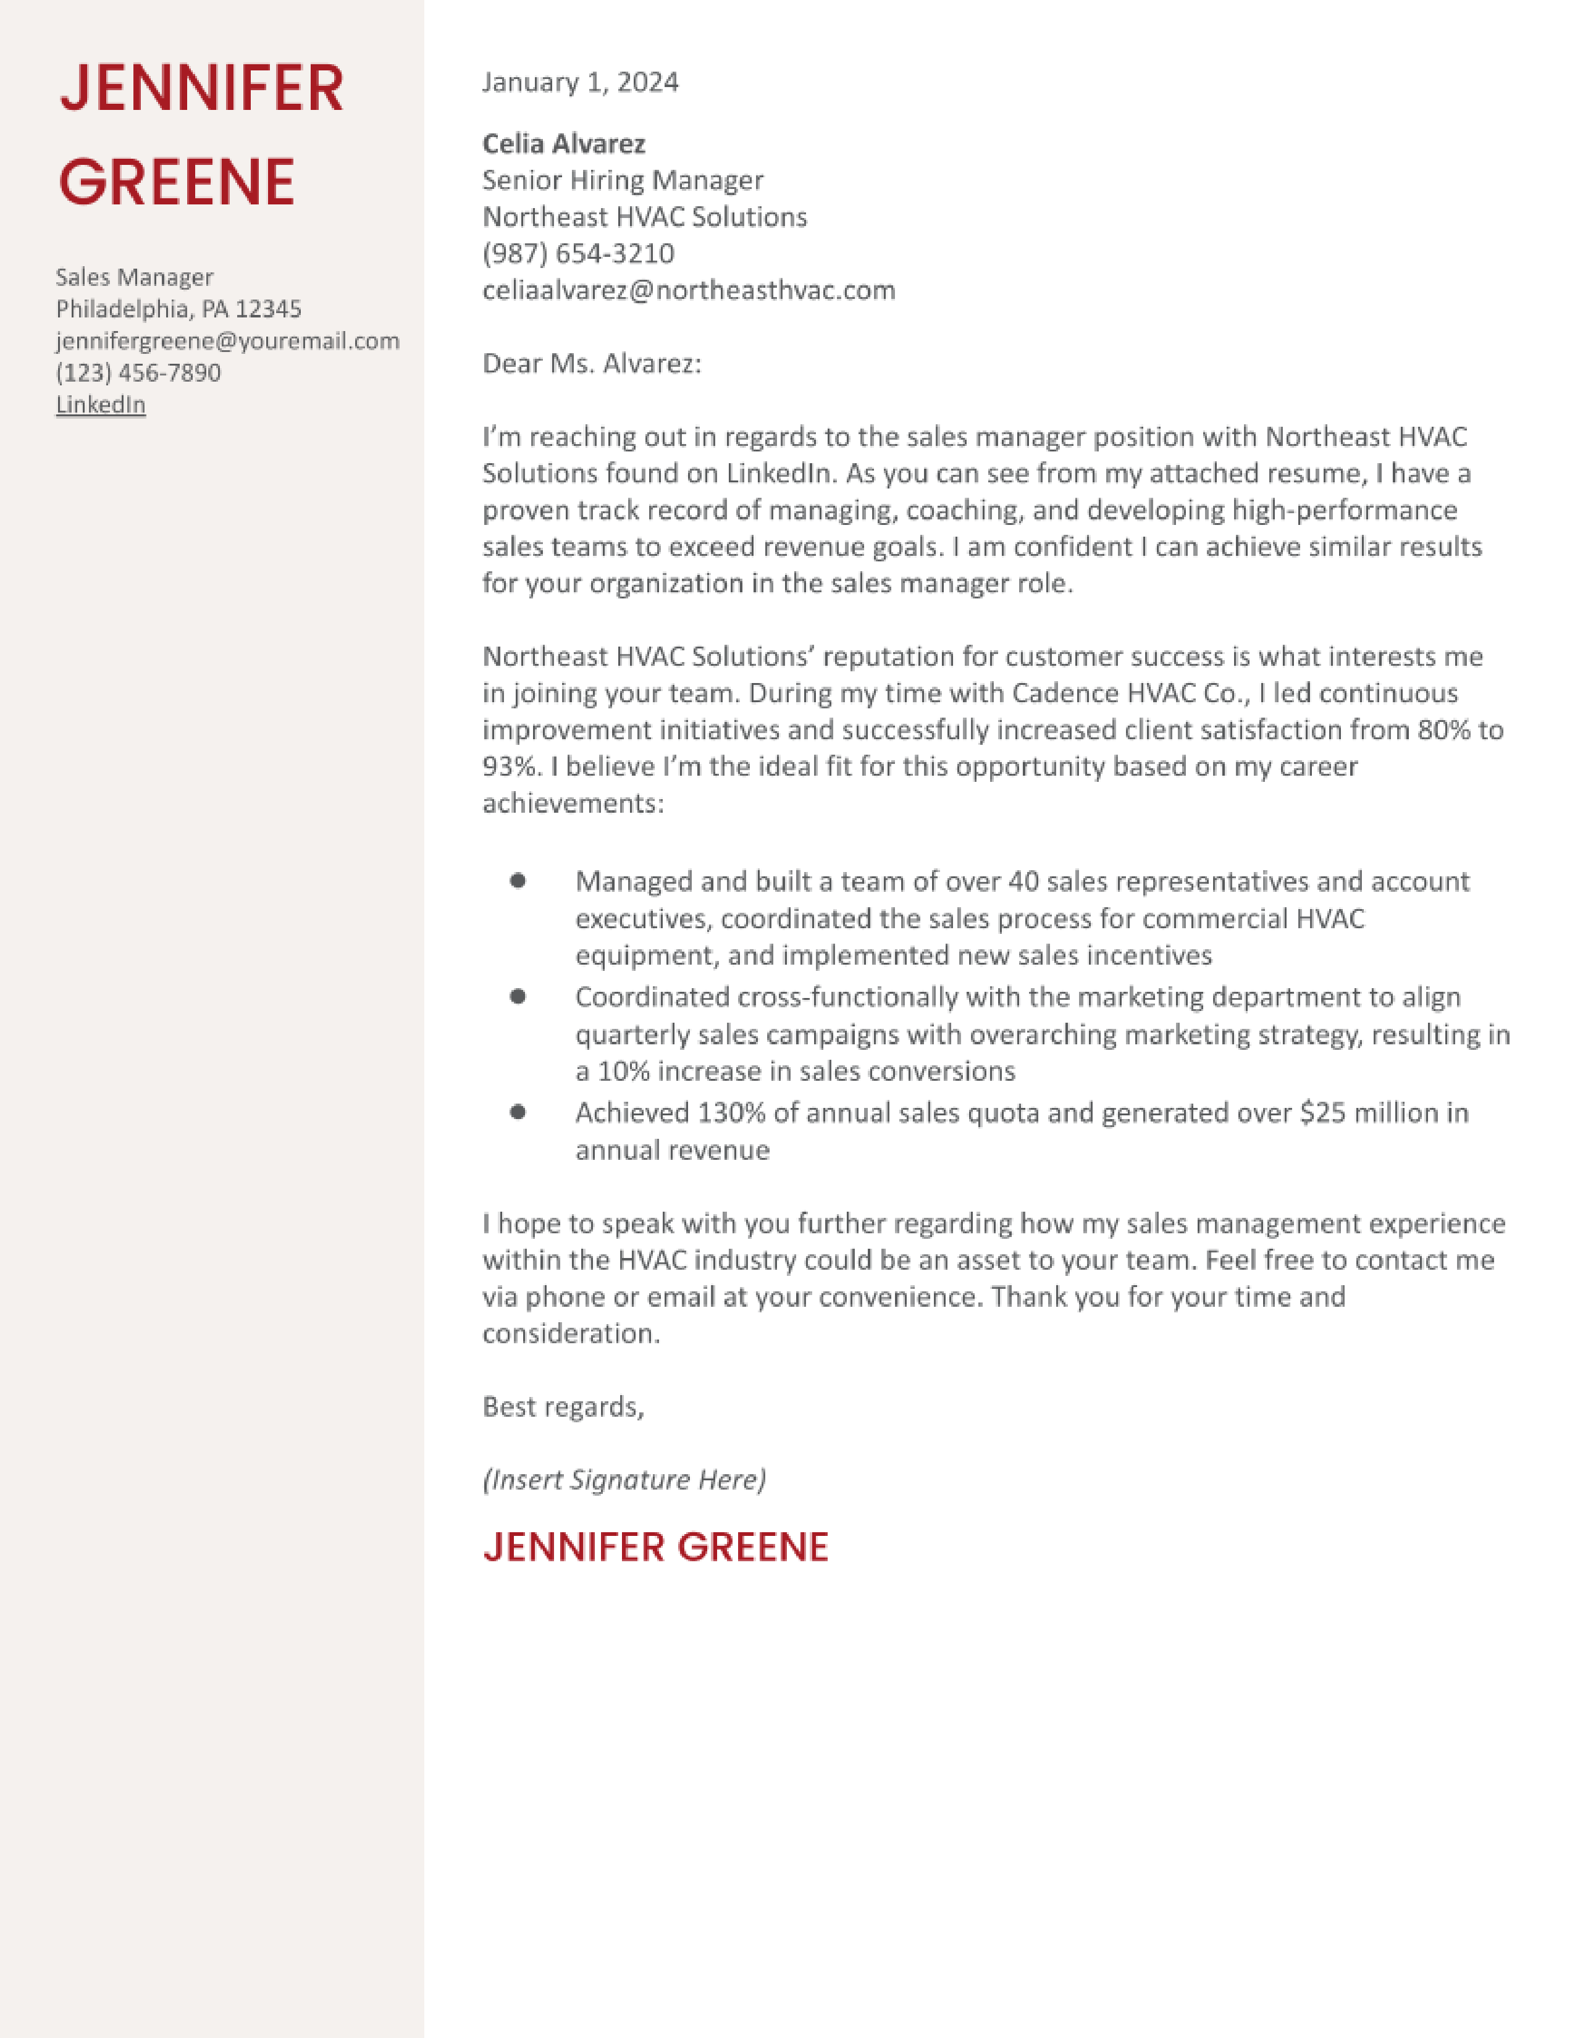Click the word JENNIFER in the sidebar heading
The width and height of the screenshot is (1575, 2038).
tap(201, 89)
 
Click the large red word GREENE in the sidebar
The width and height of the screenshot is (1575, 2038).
tap(177, 182)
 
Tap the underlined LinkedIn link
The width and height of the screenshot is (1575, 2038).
tap(101, 404)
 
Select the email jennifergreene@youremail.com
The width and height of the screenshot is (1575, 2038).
tap(227, 341)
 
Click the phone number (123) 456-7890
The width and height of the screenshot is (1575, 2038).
tap(138, 372)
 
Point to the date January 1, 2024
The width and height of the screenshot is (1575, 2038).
tap(579, 82)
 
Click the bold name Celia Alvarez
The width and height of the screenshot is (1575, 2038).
tap(563, 144)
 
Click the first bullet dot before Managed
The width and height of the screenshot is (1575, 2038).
tap(518, 880)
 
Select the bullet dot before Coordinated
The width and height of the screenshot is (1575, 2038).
tap(518, 996)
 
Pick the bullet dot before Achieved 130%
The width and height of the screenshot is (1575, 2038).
tap(518, 1112)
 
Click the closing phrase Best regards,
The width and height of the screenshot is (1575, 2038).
tap(563, 1406)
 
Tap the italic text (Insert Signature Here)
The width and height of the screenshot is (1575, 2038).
tap(623, 1479)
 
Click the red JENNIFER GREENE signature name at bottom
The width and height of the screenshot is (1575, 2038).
tap(655, 1547)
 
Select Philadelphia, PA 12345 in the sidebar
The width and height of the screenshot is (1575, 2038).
tap(178, 309)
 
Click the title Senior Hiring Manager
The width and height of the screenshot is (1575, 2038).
tap(623, 180)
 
